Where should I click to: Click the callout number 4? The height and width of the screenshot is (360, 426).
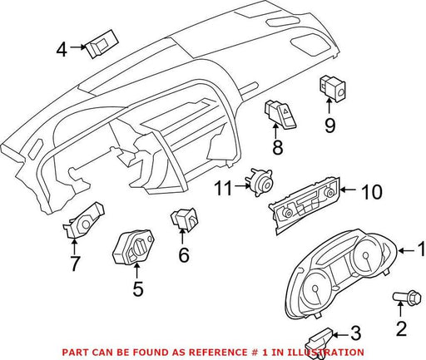tap(62, 50)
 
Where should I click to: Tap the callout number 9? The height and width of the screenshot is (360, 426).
tap(330, 126)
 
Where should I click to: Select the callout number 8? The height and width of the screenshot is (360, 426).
tap(278, 147)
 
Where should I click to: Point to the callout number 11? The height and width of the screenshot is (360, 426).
tap(224, 188)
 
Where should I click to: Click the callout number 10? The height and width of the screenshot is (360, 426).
tap(372, 192)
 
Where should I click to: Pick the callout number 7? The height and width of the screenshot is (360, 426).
tap(75, 264)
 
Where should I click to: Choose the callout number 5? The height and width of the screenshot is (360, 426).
tap(138, 288)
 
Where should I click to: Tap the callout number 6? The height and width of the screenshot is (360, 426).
tap(184, 255)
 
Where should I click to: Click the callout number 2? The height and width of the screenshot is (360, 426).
tap(401, 328)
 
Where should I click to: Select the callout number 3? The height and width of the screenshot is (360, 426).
tap(356, 333)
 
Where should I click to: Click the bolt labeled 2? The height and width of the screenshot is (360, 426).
tap(408, 298)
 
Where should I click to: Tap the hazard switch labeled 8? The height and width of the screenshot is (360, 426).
tap(280, 115)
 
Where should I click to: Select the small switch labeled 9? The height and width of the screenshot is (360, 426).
tap(331, 88)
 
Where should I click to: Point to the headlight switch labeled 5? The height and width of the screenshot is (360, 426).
tap(133, 246)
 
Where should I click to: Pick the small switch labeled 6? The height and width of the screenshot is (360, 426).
tap(184, 219)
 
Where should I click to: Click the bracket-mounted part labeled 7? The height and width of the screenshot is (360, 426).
tap(83, 220)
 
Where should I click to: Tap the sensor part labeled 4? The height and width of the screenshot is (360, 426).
tap(102, 44)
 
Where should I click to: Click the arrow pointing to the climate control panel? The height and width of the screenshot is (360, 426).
tap(349, 190)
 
